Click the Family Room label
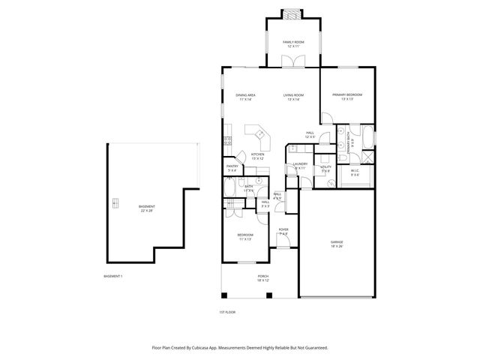[x=292, y=43]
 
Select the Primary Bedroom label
[x=347, y=96]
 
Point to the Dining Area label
[x=246, y=96]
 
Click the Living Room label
[x=292, y=96]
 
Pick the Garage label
[x=337, y=243]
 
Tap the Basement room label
[x=146, y=208]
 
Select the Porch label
[x=262, y=277]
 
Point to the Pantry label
[x=232, y=168]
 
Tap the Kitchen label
[x=257, y=156]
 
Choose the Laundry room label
[x=300, y=165]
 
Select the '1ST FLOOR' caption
[x=226, y=311]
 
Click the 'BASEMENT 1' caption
[x=112, y=277]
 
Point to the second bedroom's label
[x=245, y=237]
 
